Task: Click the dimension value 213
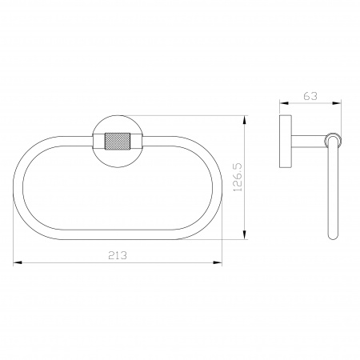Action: pos(118,255)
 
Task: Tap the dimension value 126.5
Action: pos(238,177)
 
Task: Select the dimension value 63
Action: pos(310,96)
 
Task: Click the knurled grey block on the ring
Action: pos(118,141)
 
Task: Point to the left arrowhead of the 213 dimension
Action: pos(17,263)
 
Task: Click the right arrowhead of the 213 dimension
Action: pos(218,263)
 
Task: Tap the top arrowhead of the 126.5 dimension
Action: pos(244,120)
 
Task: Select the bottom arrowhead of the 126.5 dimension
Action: pos(244,235)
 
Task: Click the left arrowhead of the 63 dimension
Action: pos(284,103)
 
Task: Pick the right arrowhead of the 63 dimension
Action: pos(337,103)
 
